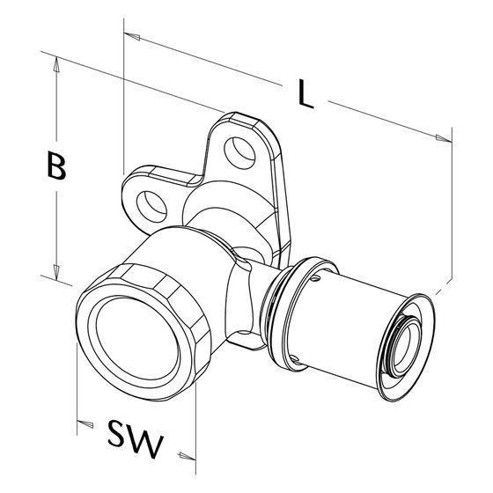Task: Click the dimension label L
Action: [305, 93]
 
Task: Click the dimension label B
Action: [56, 166]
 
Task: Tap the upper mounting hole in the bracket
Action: [239, 153]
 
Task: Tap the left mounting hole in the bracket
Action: [151, 207]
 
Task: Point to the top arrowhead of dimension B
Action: [56, 63]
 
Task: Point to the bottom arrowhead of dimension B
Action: [56, 273]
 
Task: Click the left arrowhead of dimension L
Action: [132, 36]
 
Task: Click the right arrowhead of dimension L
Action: [444, 138]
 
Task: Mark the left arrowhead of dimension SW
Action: [85, 423]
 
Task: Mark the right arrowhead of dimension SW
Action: [188, 456]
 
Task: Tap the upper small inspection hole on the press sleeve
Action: [316, 278]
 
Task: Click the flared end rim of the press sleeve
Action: [407, 347]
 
